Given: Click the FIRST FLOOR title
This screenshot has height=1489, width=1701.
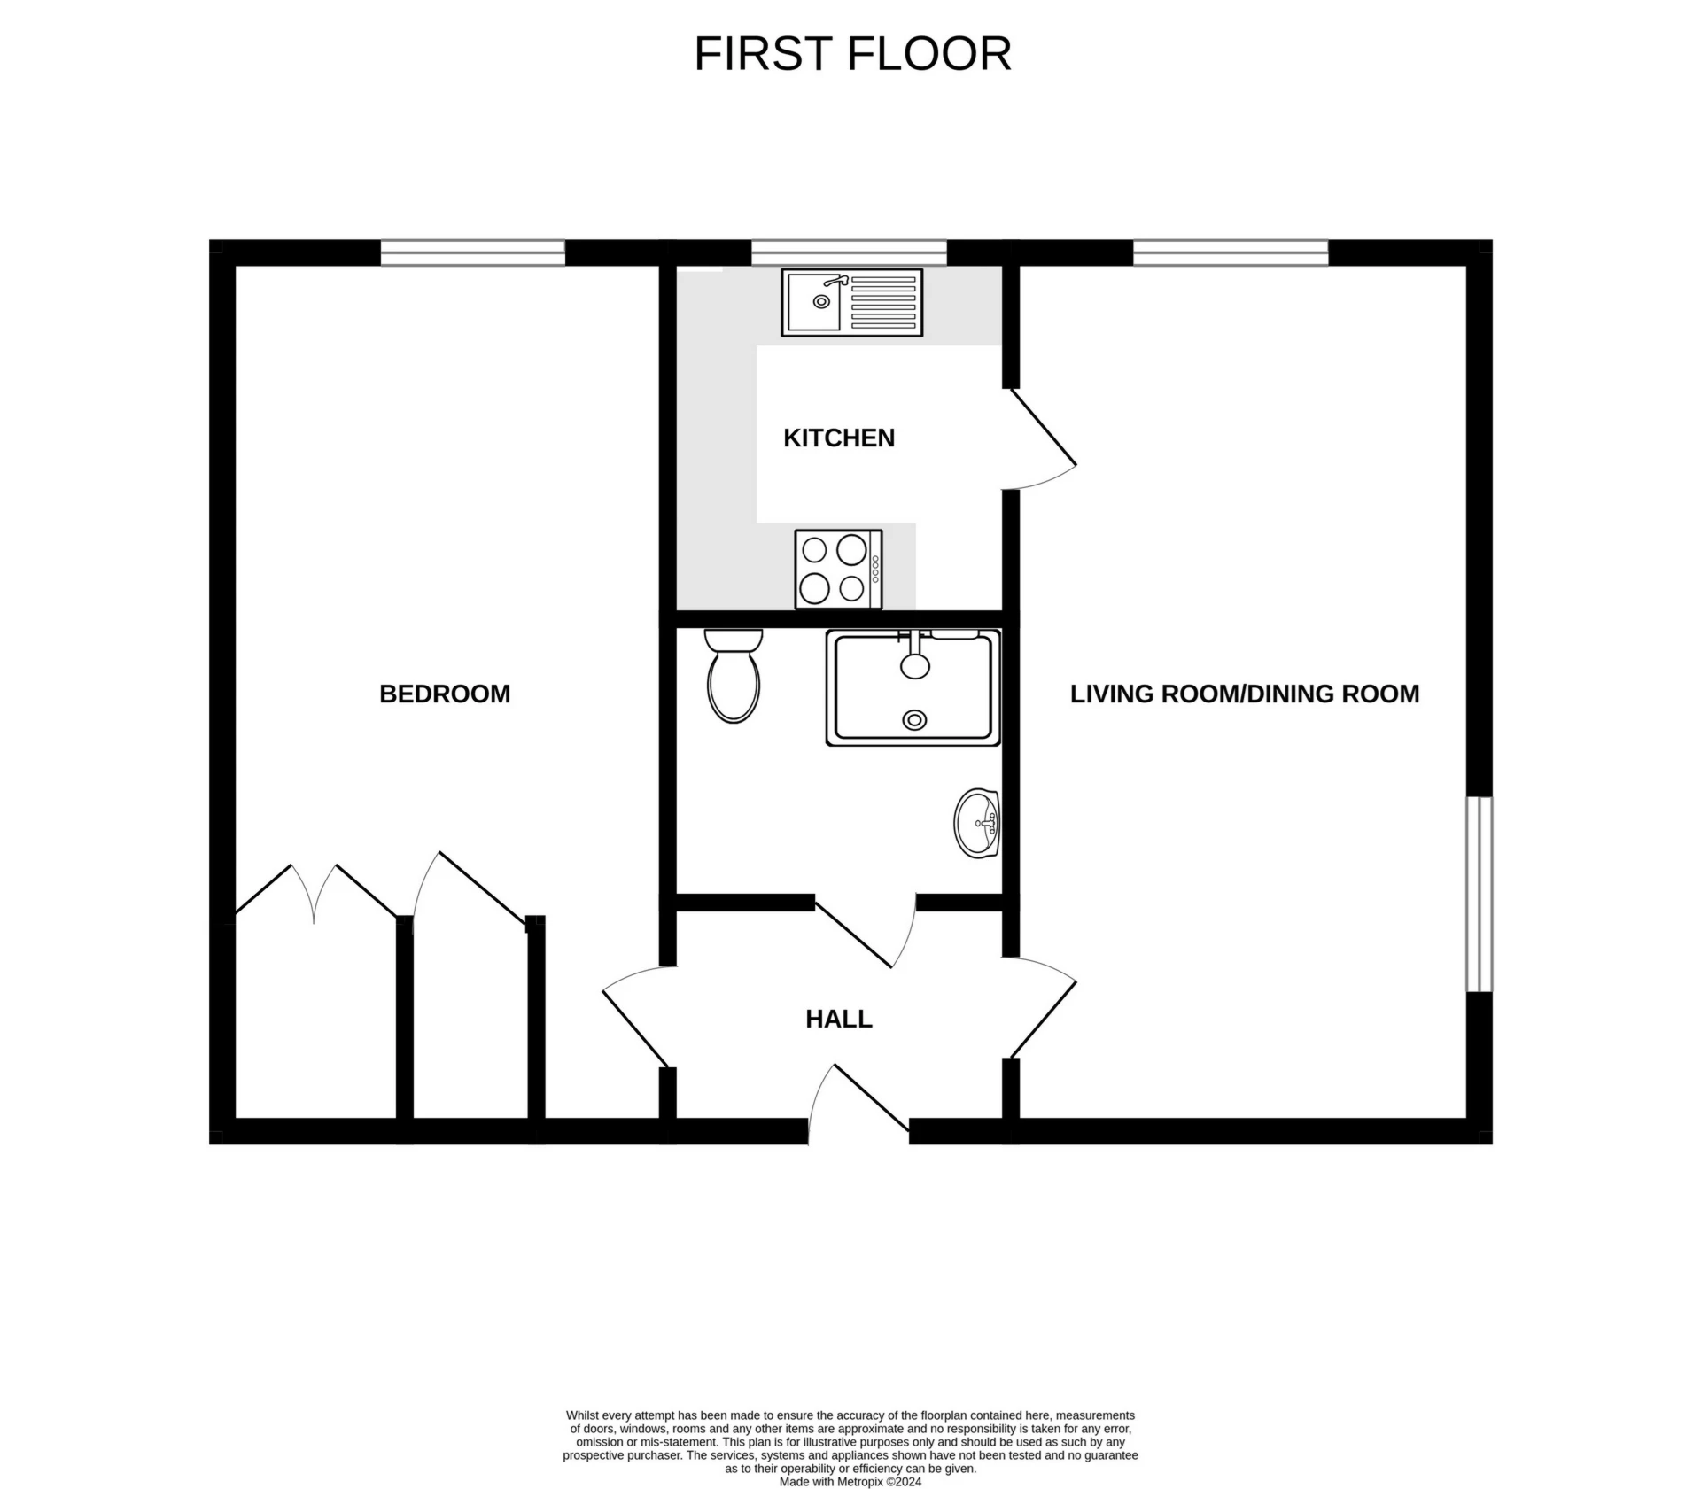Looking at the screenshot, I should click(x=851, y=54).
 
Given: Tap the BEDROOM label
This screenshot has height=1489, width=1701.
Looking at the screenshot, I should click(x=445, y=694).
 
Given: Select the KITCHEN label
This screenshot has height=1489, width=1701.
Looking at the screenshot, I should click(x=838, y=438).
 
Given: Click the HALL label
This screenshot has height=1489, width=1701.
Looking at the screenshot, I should click(x=838, y=1019).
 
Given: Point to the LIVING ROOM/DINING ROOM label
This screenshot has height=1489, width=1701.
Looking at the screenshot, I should click(x=1244, y=694).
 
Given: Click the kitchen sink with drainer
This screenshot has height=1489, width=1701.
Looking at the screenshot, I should click(x=851, y=303).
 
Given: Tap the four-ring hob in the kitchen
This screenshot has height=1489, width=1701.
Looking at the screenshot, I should click(x=838, y=570).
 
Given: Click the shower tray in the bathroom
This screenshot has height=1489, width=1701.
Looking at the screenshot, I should click(x=913, y=687).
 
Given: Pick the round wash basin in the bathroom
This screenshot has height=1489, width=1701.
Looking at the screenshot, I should click(x=977, y=824).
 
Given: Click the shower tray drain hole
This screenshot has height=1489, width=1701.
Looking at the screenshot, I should click(x=914, y=720).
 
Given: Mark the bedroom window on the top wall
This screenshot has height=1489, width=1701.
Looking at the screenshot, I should click(x=473, y=253).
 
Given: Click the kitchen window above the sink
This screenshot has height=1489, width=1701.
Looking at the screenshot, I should click(x=849, y=253).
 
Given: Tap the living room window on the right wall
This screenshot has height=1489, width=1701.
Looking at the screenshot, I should click(x=1479, y=894).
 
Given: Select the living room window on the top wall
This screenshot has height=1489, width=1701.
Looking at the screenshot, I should click(x=1231, y=253).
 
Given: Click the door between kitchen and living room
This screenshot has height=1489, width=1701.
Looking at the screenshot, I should click(x=1042, y=438).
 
